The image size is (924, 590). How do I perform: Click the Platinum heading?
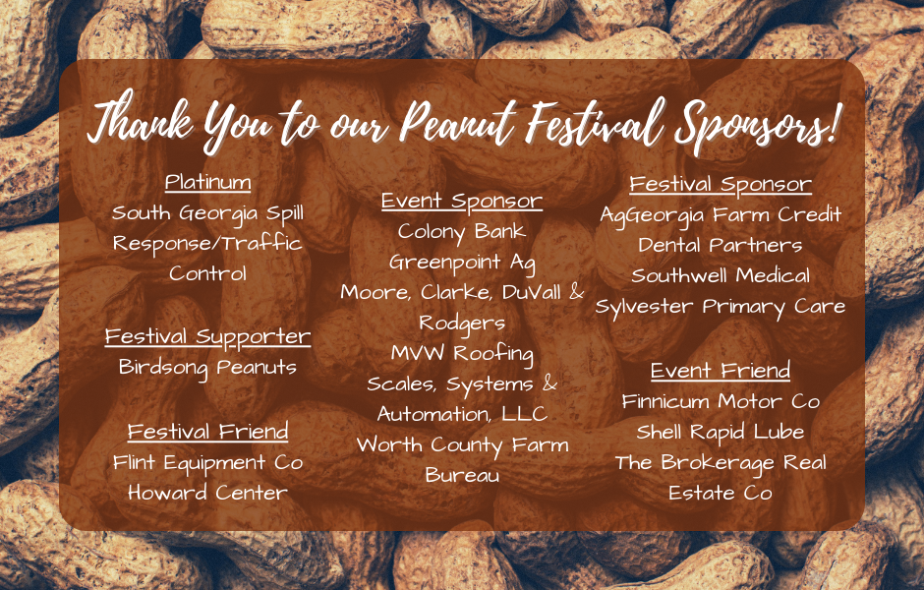pyautogui.click(x=208, y=182)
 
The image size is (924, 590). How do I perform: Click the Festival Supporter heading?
pyautogui.click(x=207, y=337)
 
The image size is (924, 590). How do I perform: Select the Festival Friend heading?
pyautogui.click(x=208, y=432)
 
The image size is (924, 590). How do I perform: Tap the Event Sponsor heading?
pyautogui.click(x=461, y=201)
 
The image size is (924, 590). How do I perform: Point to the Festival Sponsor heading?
pyautogui.click(x=721, y=185)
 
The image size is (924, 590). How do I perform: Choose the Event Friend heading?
pyautogui.click(x=721, y=370)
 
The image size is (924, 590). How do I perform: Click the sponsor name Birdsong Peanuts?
pyautogui.click(x=207, y=368)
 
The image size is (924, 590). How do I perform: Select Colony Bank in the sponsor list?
pyautogui.click(x=461, y=232)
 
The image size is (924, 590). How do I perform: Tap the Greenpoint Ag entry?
pyautogui.click(x=461, y=263)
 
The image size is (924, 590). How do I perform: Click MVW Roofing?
pyautogui.click(x=461, y=354)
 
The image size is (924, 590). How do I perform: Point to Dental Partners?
pyautogui.click(x=721, y=245)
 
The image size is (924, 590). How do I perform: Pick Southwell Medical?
pyautogui.click(x=721, y=276)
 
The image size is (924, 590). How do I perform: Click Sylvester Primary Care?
pyautogui.click(x=721, y=307)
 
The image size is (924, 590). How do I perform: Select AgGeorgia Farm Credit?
pyautogui.click(x=721, y=215)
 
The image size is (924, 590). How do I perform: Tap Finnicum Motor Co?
pyautogui.click(x=721, y=401)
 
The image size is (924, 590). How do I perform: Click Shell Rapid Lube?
pyautogui.click(x=721, y=432)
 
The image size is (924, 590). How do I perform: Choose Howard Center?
pyautogui.click(x=207, y=493)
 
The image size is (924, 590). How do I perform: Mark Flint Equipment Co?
pyautogui.click(x=207, y=463)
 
